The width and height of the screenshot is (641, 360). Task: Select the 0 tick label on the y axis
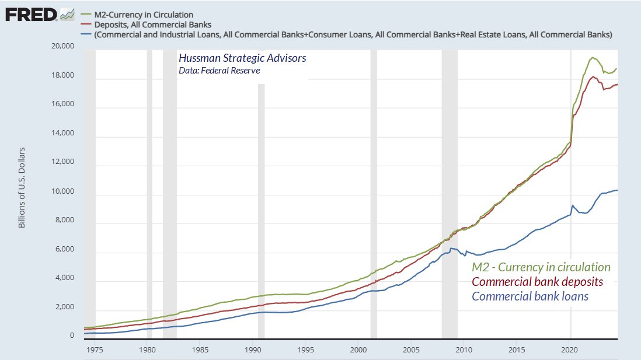[72, 336]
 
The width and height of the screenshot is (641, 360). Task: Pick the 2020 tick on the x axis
[570, 349]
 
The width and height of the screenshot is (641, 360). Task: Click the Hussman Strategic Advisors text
[242, 59]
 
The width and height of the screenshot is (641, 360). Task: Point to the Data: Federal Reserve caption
[219, 71]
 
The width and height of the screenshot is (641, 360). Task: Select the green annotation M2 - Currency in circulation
[541, 267]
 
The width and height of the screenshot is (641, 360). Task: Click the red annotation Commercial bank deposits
[537, 282]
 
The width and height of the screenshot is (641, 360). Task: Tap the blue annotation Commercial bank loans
[529, 296]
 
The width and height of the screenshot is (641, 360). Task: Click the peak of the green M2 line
[593, 57]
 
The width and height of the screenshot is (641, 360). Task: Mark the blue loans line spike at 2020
[573, 205]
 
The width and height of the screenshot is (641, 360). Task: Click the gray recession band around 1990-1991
[261, 210]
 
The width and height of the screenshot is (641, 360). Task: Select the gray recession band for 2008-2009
[449, 193]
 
